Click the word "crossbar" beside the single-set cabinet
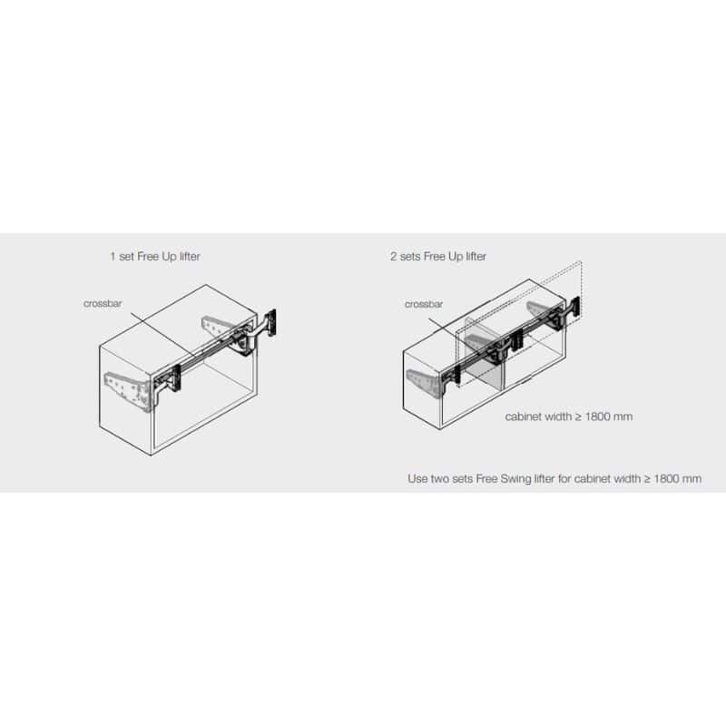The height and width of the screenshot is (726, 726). (103, 304)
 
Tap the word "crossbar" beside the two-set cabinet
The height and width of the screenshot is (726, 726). (424, 304)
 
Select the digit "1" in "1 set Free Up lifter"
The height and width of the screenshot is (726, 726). (113, 257)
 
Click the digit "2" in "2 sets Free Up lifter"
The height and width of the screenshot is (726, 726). (393, 257)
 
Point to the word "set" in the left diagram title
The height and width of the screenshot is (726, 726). (126, 257)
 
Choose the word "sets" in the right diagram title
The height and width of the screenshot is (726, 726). (410, 257)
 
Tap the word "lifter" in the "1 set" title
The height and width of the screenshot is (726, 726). (190, 257)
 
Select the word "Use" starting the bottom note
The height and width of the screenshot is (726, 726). (417, 479)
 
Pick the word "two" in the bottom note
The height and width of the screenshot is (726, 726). (440, 479)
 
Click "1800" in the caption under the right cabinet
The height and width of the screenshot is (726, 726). (598, 417)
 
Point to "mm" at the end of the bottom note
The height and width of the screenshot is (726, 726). (692, 479)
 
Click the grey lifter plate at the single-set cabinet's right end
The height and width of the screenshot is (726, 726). (219, 327)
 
